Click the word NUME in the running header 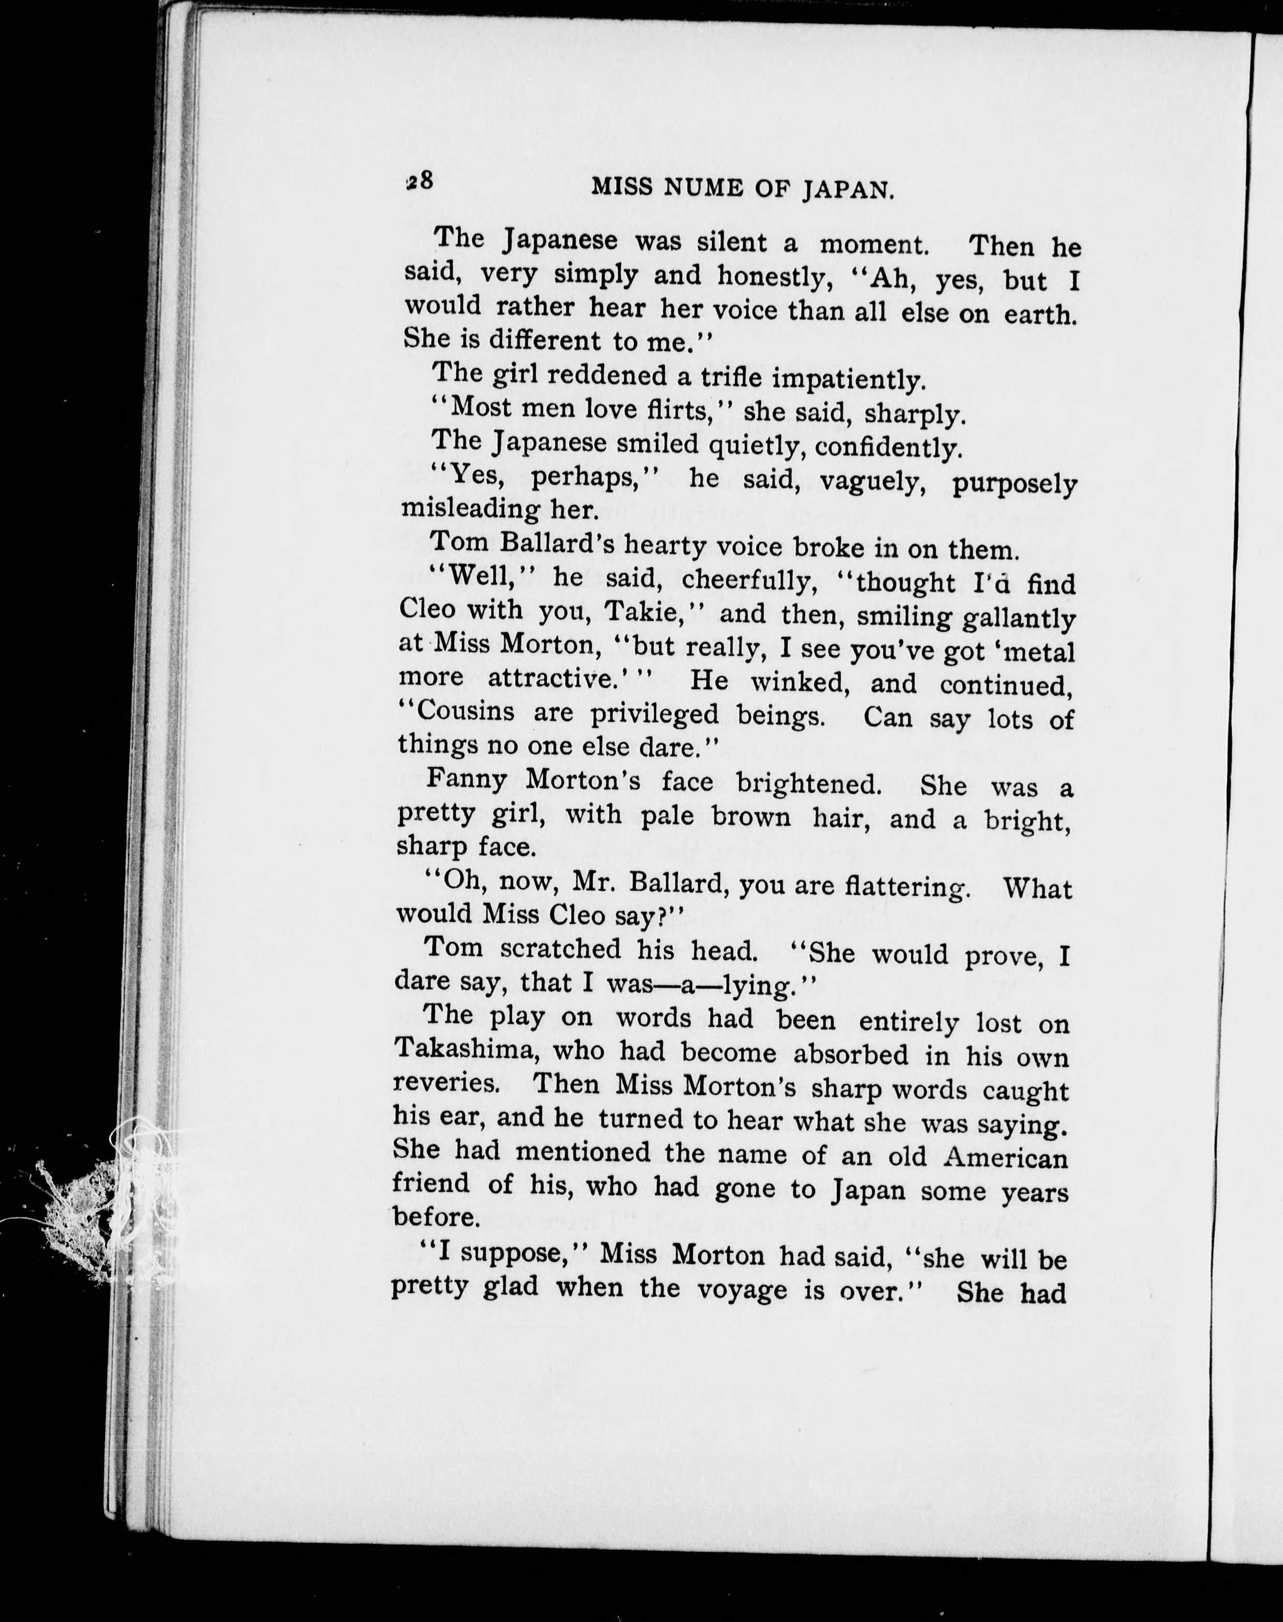679,187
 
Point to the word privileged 654,714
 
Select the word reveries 446,1082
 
